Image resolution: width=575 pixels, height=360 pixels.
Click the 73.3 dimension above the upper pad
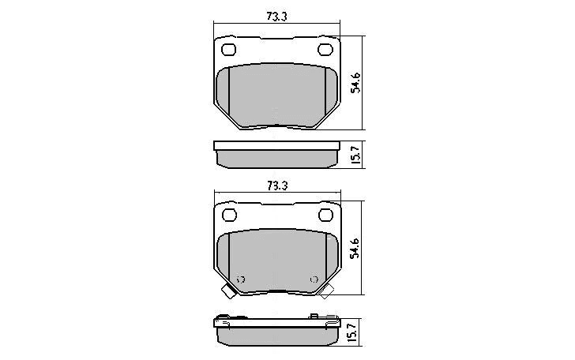(276, 15)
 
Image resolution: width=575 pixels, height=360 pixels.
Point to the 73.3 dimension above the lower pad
(276, 186)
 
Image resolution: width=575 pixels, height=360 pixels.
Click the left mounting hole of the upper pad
(228, 51)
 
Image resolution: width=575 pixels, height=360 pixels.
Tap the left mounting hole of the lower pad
(228, 215)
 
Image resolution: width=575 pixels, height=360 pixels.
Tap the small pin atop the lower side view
(314, 316)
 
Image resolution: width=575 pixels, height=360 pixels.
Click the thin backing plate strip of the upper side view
(276, 146)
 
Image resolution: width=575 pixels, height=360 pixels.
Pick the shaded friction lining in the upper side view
(276, 159)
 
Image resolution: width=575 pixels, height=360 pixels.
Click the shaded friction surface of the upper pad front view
(276, 95)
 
